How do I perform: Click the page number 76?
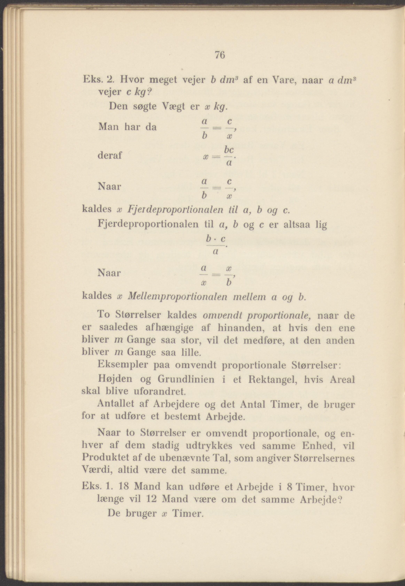220,55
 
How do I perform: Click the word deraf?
110,155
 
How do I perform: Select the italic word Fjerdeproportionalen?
176,210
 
